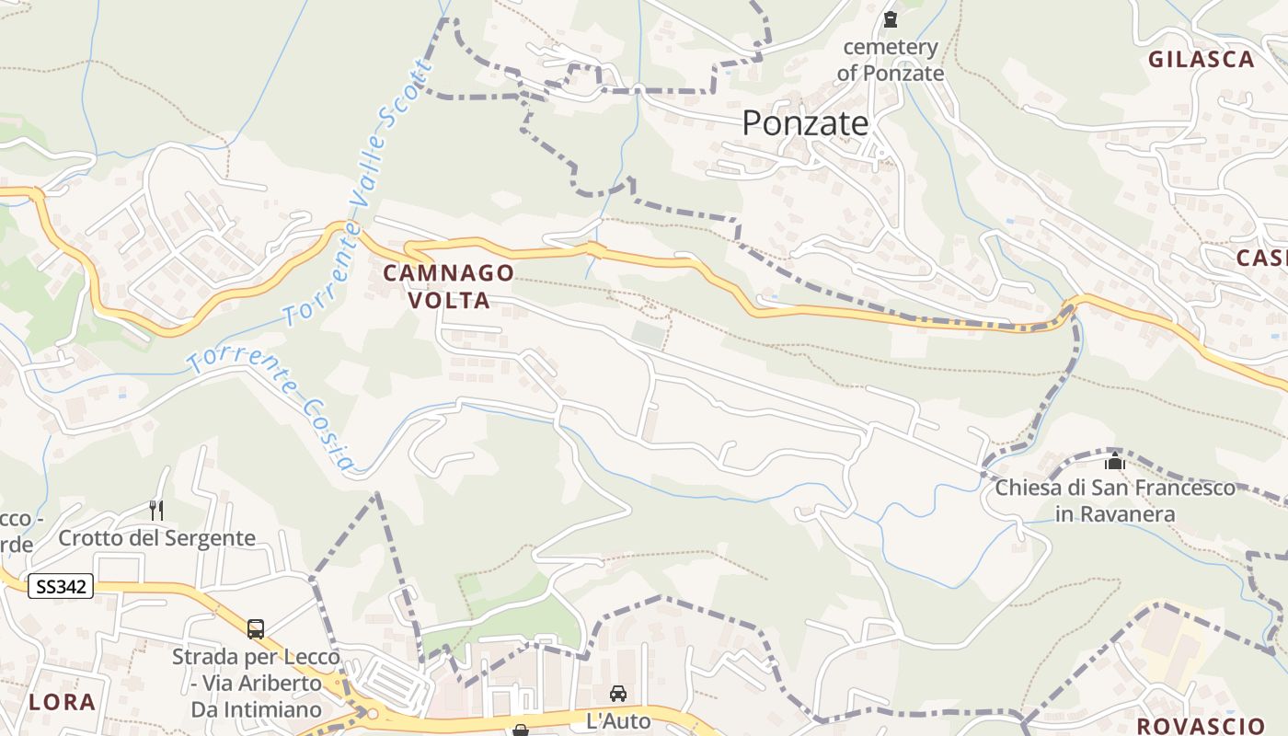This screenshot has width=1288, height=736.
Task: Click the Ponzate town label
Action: tap(805, 122)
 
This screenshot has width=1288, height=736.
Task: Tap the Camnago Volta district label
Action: tap(448, 286)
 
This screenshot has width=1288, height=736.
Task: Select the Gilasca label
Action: tap(1201, 60)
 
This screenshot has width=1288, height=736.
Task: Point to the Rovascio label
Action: tap(1201, 725)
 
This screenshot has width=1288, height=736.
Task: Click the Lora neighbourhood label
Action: tap(62, 702)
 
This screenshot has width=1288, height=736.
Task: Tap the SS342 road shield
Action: tap(61, 586)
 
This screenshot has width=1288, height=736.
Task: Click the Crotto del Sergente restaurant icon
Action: tap(156, 510)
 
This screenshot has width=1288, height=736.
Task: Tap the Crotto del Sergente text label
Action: tap(156, 538)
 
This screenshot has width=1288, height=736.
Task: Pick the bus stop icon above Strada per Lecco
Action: tap(256, 629)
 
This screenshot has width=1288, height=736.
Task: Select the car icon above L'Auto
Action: tap(618, 693)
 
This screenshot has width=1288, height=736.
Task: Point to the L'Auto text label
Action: tap(618, 720)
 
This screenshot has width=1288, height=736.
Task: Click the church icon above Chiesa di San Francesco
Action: tap(1115, 461)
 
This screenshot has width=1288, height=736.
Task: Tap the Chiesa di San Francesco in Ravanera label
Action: tap(1115, 500)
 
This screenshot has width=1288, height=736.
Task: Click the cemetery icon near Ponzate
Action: tap(890, 18)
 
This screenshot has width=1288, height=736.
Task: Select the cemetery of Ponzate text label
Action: tap(890, 60)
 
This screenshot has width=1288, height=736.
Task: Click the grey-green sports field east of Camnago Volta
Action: tap(648, 334)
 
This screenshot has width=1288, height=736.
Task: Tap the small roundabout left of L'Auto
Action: tap(372, 713)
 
